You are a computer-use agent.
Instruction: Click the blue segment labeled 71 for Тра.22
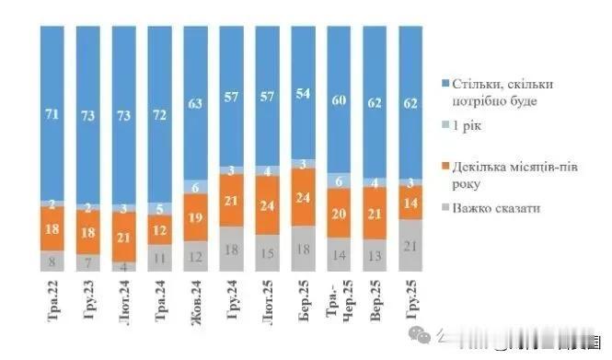(52, 112)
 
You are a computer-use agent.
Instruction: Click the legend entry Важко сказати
(502, 209)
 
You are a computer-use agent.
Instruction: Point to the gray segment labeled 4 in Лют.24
(124, 267)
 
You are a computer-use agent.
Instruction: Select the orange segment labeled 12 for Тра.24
(160, 229)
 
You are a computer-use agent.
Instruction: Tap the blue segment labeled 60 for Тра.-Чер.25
(340, 99)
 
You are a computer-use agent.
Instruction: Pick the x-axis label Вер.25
(377, 305)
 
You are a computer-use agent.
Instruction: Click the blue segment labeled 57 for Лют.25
(268, 97)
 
